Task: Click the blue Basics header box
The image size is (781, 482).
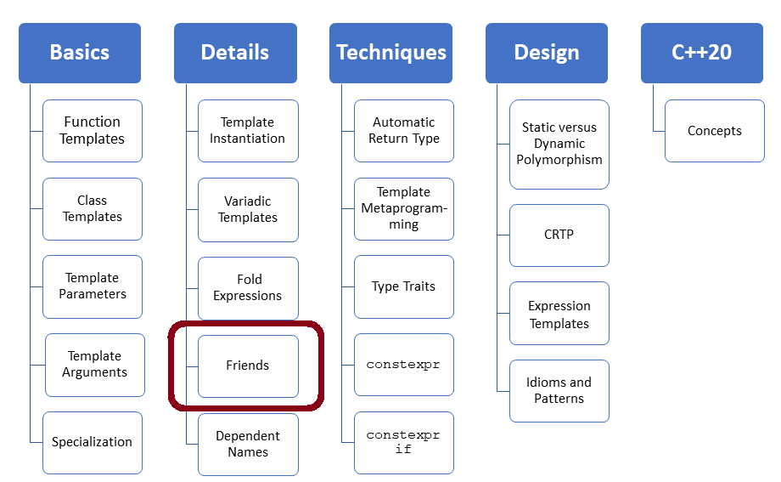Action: point(80,53)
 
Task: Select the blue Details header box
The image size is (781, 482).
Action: point(235,53)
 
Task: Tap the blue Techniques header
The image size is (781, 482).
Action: point(391,53)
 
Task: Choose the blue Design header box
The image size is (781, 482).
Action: point(547,53)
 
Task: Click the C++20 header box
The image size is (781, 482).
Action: point(702,53)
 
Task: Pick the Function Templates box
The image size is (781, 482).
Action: point(93,131)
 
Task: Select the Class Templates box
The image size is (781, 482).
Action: point(93,209)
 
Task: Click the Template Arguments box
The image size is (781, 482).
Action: point(95,365)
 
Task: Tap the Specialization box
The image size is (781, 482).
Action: point(93,443)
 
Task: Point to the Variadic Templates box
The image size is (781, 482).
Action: point(248,209)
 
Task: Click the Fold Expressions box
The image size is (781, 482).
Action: point(248,287)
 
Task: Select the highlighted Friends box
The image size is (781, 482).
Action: point(248,366)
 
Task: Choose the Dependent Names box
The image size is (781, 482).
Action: point(248,444)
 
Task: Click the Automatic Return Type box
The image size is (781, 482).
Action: point(404,131)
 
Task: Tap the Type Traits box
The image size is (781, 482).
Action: point(404,287)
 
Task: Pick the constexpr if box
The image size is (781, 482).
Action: point(404,442)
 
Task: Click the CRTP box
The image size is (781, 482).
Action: point(559,235)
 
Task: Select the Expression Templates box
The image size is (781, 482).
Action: point(559,314)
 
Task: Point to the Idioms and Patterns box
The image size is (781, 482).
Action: point(559,391)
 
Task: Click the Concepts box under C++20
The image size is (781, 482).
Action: point(715,131)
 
